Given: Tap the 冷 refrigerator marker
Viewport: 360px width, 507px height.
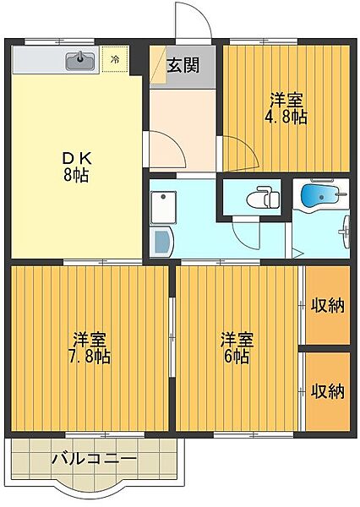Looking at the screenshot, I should (x=115, y=60).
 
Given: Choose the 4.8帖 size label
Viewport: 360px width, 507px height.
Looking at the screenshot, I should (x=287, y=117).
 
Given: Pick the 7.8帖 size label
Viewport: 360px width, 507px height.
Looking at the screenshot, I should (x=89, y=357).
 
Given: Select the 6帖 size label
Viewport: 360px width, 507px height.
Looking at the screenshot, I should (x=237, y=357).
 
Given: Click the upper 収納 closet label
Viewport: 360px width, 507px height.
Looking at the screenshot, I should (x=327, y=306).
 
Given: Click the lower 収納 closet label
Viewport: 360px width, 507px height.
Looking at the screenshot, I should (x=327, y=390).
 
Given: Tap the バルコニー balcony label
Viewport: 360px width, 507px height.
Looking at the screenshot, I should (x=95, y=461).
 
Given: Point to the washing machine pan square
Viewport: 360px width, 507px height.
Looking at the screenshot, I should (x=161, y=206).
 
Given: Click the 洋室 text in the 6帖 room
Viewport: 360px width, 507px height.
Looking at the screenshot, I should (x=237, y=340).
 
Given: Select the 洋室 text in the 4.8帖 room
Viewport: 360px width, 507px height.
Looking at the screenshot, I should (x=287, y=98).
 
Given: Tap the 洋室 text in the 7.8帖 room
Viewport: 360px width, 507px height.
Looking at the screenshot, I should (x=89, y=340).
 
